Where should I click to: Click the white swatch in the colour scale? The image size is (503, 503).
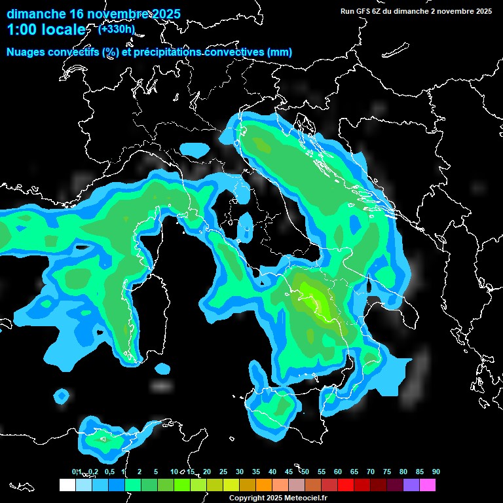pos(67,485)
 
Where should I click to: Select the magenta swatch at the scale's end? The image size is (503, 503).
pos(428,485)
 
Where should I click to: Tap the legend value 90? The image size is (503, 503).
pos(436,472)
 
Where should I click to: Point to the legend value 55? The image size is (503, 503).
pos(321,472)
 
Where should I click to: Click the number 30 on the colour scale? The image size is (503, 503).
pos(239,472)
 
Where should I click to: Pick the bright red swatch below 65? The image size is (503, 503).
pos(346,485)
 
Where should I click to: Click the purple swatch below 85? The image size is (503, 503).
pos(411,485)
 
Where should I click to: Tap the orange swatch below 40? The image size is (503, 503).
pos(263,485)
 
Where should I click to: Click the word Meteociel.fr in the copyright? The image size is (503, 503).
pos(305,498)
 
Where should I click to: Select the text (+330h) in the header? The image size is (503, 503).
pos(116,29)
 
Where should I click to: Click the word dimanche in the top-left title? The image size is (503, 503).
pos(37,14)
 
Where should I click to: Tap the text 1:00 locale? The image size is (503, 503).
pos(46,30)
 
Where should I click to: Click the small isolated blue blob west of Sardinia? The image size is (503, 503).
pos(62,396)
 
